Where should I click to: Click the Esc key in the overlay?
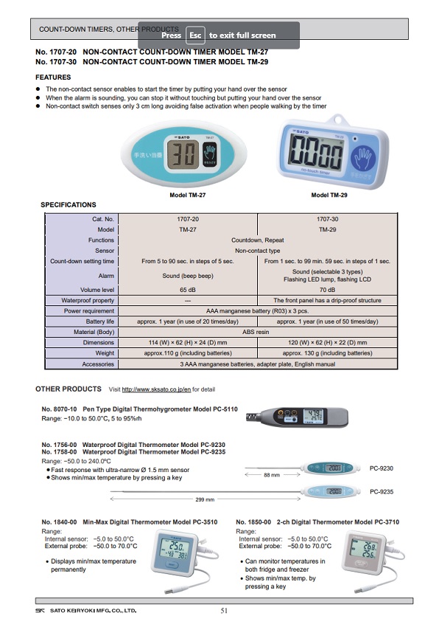tap(195, 35)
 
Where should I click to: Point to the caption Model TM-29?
tap(329, 195)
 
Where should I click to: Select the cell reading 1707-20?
tap(188, 219)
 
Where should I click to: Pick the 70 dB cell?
tap(329, 291)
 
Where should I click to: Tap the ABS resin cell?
tap(257, 332)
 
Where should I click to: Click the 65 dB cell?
tap(188, 291)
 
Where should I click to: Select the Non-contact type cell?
tap(257, 251)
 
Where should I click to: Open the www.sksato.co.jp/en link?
tap(156, 389)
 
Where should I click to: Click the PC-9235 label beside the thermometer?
tap(381, 491)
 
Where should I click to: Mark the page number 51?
tap(225, 610)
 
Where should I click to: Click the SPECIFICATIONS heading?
tap(68, 204)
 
